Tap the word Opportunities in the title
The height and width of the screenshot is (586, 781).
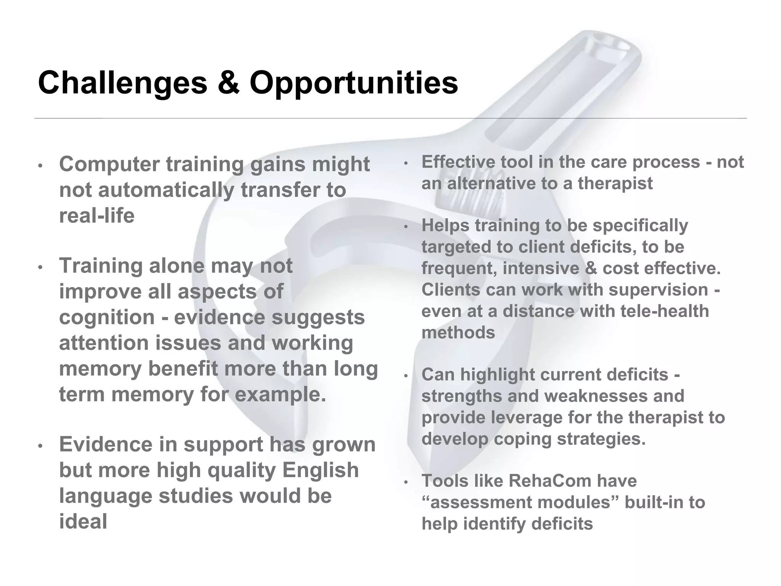[x=354, y=84]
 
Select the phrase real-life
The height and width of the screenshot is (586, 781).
[x=97, y=216]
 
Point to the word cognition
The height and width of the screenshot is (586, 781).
[x=107, y=317]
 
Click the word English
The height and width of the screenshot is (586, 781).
[x=320, y=470]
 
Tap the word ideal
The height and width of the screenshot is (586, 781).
[x=83, y=522]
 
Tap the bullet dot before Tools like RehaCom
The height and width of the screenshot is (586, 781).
[x=406, y=483]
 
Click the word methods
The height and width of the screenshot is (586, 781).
[x=458, y=333]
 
